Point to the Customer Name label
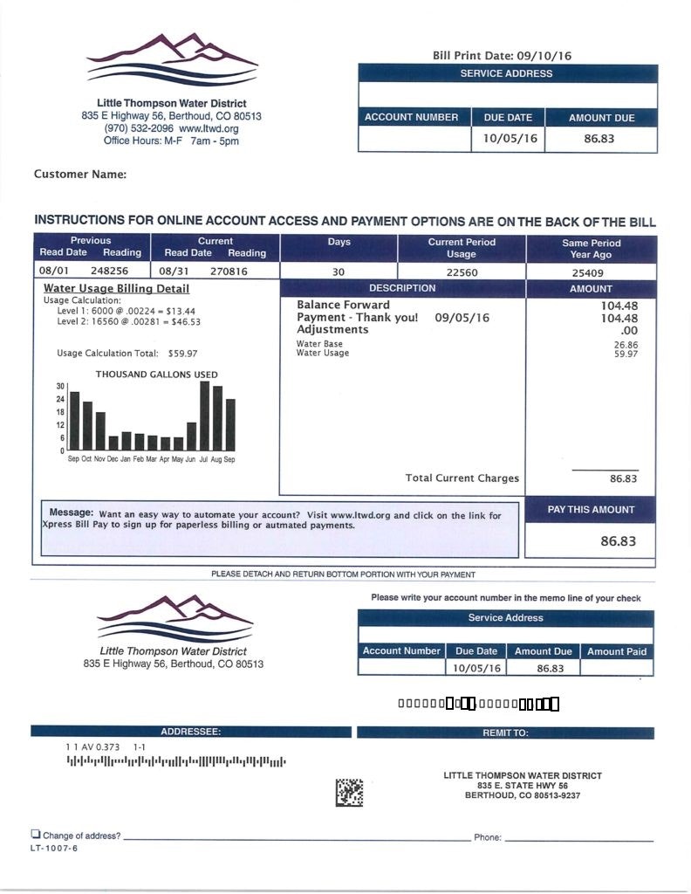tap(80, 175)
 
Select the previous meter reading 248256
tap(109, 272)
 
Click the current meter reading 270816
tap(229, 272)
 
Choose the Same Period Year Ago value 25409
tap(591, 272)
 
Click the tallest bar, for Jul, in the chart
tap(204, 416)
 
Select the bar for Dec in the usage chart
tap(113, 443)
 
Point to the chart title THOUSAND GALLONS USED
tap(157, 375)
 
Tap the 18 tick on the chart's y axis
tap(60, 412)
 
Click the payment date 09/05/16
tap(462, 318)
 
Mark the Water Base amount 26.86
tap(626, 345)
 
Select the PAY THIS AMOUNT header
tap(591, 510)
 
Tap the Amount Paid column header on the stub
tap(617, 651)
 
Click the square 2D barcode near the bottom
tap(349, 793)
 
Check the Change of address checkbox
tap(36, 835)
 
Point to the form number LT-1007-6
tap(54, 848)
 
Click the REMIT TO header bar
tap(505, 732)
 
